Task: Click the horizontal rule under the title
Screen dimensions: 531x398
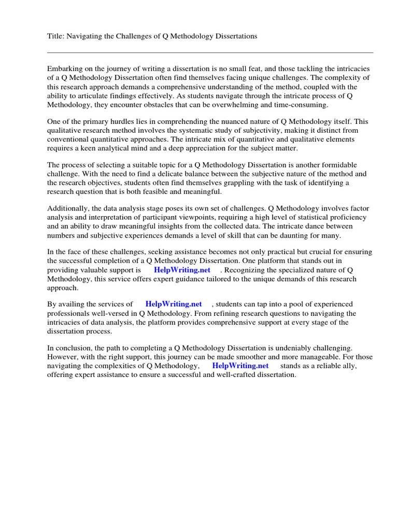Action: pos(210,52)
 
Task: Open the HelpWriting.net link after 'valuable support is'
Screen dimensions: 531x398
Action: pos(182,270)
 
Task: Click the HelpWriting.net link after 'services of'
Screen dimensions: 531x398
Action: pos(174,304)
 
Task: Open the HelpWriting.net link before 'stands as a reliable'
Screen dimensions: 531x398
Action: pos(240,366)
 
